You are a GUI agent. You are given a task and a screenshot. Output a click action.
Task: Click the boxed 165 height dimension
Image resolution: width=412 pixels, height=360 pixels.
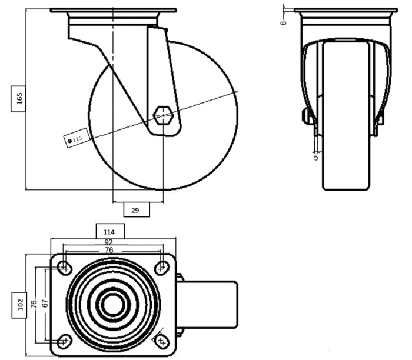tap(19, 98)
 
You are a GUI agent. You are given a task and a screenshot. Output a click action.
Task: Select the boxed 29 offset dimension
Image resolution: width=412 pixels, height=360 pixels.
tap(135, 210)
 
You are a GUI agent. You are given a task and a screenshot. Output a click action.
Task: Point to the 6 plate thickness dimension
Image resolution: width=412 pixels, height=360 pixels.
tap(283, 22)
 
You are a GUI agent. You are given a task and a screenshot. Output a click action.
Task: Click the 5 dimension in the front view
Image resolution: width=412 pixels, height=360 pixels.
tap(316, 157)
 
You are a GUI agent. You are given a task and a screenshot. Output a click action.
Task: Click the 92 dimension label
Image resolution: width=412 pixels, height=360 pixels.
tap(108, 242)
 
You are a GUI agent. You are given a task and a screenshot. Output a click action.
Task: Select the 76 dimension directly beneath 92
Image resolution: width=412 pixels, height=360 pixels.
tap(108, 250)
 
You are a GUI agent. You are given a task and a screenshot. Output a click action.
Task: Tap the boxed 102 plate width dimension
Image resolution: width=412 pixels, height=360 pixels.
tap(19, 305)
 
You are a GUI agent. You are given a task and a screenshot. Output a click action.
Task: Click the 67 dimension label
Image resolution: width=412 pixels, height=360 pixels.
tap(45, 305)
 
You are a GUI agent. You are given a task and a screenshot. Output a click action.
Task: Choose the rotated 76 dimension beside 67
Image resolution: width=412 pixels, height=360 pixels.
tap(35, 305)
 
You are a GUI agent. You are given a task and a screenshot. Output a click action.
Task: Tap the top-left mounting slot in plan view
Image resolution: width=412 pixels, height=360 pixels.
tap(64, 268)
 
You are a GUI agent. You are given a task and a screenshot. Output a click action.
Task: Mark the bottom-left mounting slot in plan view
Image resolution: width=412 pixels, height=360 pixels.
tap(64, 341)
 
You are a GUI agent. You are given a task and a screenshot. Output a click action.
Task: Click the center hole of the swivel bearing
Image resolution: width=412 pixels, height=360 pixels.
tap(112, 305)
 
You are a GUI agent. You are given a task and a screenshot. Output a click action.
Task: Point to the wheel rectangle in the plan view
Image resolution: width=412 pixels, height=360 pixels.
tap(209, 305)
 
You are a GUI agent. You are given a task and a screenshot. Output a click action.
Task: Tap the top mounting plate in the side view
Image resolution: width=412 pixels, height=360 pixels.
tap(113, 11)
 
